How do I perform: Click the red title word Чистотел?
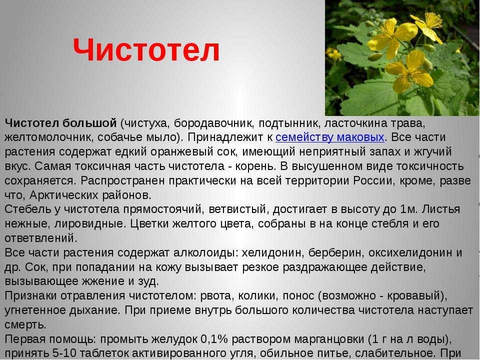coord(146,50)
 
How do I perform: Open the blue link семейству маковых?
coord(329,137)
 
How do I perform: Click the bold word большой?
coord(89,123)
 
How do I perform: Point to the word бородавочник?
coord(213,123)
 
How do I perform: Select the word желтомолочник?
coord(48,137)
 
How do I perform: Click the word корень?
coord(249,166)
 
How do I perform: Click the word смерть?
coord(25,324)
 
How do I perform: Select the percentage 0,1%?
coord(214,339)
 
